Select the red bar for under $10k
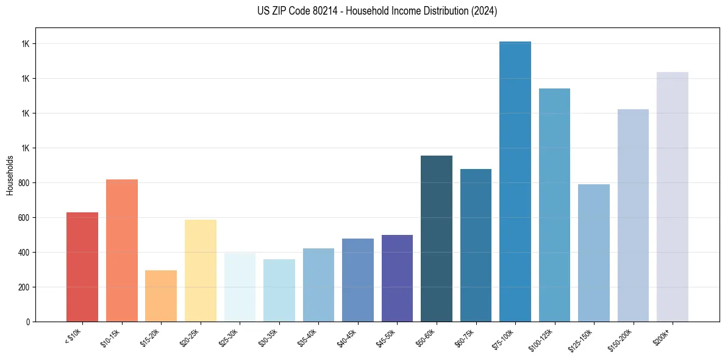point(82,267)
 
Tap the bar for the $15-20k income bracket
point(161,296)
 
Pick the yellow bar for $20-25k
point(200,270)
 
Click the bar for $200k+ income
point(672,196)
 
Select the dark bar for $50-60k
point(436,239)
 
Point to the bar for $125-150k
point(593,253)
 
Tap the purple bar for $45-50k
point(397,278)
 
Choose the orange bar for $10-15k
point(121,250)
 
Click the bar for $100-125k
point(554,205)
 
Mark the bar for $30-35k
point(279,290)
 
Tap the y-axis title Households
point(10,175)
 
